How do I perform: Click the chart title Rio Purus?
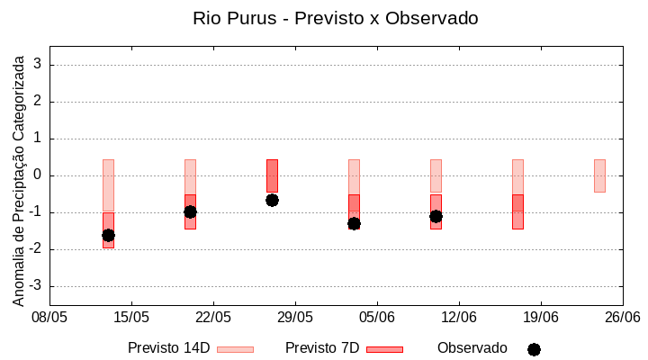335,18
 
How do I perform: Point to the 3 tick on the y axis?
39,65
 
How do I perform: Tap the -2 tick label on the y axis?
36,249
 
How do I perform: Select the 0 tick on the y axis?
39,175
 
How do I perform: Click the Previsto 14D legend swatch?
235,349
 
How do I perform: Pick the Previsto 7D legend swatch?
384,349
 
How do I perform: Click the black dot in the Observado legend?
534,349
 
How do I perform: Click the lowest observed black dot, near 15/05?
108,235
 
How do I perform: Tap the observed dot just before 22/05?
190,211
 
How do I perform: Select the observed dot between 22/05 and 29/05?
272,200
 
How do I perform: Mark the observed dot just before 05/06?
354,223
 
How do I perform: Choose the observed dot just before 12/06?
436,216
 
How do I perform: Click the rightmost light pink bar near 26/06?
599,175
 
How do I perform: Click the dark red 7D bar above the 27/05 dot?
272,175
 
